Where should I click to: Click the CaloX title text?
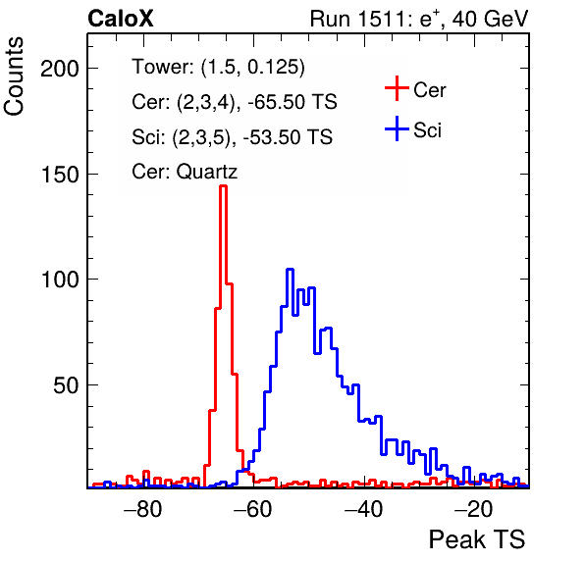tap(121, 19)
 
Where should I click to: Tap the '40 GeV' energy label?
tap(491, 19)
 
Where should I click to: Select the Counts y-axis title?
tap(14, 76)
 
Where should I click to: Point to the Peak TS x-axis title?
tap(477, 539)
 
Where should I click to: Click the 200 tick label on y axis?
tap(60, 69)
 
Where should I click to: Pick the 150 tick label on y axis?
tap(60, 174)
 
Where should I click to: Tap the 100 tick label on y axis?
tap(60, 280)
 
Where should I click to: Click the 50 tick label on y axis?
tap(66, 385)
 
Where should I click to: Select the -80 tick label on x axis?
tap(143, 509)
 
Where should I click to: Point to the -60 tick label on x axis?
tap(253, 509)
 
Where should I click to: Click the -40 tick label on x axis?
tap(363, 509)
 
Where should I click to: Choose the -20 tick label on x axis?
tap(473, 509)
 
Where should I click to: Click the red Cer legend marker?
tap(397, 88)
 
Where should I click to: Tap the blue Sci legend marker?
tap(397, 129)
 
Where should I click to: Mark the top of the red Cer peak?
tap(223, 185)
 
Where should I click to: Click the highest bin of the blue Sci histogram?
tap(290, 269)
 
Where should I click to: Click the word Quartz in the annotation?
tap(207, 172)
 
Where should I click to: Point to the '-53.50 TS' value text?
tap(288, 136)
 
